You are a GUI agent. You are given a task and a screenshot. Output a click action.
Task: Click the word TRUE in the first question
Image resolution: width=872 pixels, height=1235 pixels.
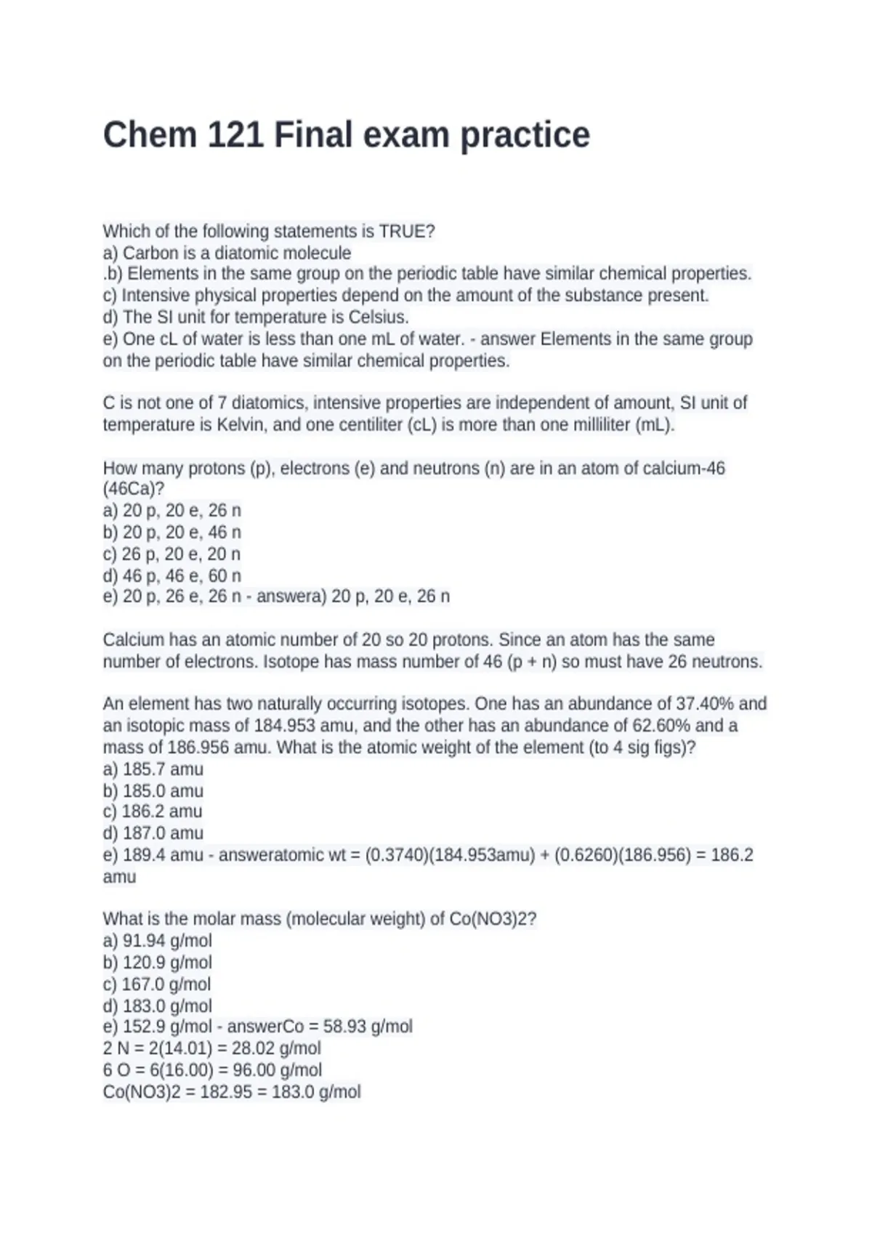point(404,231)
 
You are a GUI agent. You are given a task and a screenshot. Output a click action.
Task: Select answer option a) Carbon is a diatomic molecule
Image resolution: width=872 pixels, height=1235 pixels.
point(227,253)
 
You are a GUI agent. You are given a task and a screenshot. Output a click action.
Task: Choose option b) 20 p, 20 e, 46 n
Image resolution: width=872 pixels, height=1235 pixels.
point(172,532)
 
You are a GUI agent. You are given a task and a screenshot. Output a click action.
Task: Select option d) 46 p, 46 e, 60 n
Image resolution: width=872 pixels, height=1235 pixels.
point(172,575)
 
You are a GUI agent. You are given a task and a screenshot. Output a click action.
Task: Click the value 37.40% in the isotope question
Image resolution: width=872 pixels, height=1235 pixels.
point(704,703)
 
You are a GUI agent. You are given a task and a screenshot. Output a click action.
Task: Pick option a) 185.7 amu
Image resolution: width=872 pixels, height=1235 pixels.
point(153,769)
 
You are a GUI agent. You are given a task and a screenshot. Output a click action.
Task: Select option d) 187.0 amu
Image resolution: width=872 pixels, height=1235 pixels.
point(153,833)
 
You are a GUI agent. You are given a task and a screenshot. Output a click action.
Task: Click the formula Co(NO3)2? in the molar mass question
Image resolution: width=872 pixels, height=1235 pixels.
point(493,918)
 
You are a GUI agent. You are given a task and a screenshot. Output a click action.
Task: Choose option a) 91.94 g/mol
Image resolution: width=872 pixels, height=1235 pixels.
point(158,940)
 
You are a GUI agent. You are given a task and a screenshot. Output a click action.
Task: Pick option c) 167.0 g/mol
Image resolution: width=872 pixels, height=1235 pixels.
point(157,984)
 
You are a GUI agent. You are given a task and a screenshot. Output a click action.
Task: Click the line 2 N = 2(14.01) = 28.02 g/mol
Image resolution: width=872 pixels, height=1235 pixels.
point(211,1048)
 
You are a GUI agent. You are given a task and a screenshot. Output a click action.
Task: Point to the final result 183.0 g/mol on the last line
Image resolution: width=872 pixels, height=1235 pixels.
point(316,1091)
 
